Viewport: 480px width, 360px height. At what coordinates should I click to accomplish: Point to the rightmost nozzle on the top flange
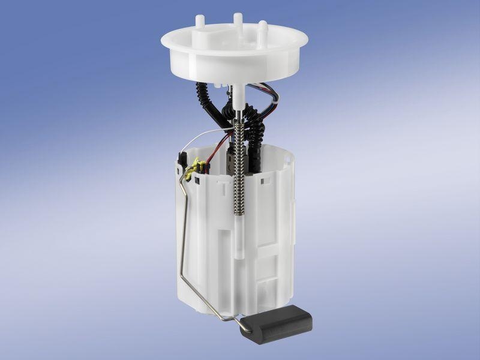pyautogui.click(x=262, y=28)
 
